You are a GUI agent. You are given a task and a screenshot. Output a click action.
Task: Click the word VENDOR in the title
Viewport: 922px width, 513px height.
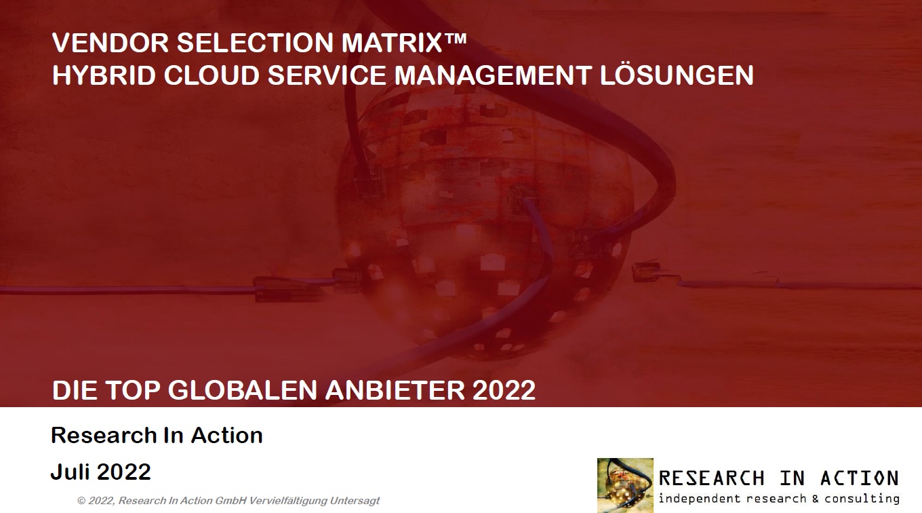tap(111, 43)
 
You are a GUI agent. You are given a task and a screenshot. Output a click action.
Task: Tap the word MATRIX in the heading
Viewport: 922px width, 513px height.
tap(392, 43)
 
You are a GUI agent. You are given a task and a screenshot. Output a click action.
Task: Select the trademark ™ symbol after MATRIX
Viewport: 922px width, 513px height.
tap(456, 39)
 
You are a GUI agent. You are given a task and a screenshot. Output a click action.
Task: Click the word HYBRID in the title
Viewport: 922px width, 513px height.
tap(104, 75)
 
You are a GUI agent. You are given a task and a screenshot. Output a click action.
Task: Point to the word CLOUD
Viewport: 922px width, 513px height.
tap(212, 75)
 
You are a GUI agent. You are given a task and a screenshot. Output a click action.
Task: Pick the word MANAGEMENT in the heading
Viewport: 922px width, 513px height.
tap(493, 75)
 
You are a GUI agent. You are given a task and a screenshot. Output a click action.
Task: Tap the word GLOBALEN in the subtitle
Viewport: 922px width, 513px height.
tap(243, 390)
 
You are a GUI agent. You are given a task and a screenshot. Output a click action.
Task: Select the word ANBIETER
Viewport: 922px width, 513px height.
tap(395, 390)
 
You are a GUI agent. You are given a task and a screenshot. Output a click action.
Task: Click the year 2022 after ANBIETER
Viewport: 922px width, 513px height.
tap(504, 390)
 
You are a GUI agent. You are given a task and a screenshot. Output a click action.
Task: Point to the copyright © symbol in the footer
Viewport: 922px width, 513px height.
tap(81, 501)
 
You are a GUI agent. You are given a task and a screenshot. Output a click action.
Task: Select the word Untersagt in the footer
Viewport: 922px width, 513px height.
tap(355, 501)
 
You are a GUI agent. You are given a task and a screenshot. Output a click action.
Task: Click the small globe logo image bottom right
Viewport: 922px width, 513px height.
tap(625, 485)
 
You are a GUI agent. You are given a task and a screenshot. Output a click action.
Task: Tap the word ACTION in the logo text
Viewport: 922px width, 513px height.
tap(860, 478)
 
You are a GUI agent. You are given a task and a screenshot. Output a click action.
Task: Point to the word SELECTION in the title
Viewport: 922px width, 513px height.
tap(255, 43)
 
